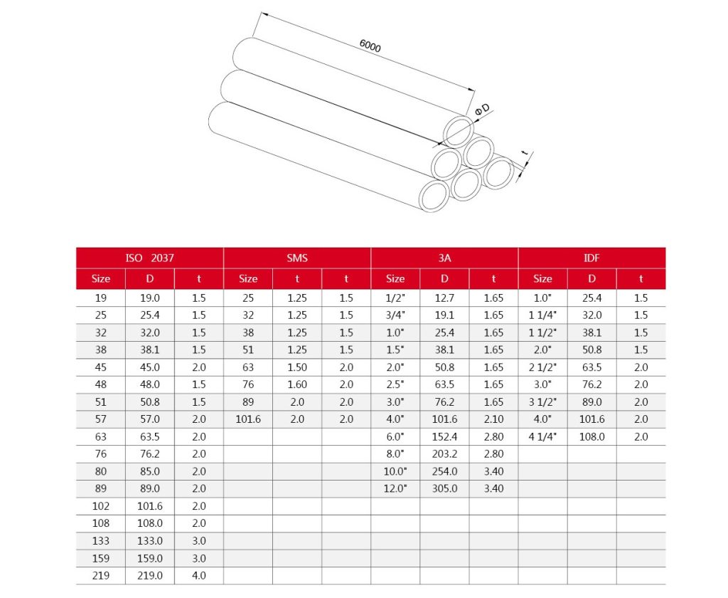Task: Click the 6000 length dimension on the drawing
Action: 370,47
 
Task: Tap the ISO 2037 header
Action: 149,258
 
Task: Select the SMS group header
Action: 297,258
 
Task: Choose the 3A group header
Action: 444,258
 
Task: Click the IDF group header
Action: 591,258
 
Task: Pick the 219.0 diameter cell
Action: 149,575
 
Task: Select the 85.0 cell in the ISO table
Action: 149,471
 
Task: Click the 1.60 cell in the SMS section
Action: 297,384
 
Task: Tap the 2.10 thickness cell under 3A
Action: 493,419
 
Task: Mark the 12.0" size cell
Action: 395,488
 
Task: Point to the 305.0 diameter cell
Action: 444,488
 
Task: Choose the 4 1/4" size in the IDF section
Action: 542,436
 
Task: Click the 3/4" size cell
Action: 395,315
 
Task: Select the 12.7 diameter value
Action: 444,298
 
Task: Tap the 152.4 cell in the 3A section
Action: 444,436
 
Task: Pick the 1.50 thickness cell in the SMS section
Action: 297,367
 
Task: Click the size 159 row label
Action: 101,558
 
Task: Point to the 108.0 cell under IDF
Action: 591,436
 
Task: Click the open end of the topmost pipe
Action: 459,133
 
